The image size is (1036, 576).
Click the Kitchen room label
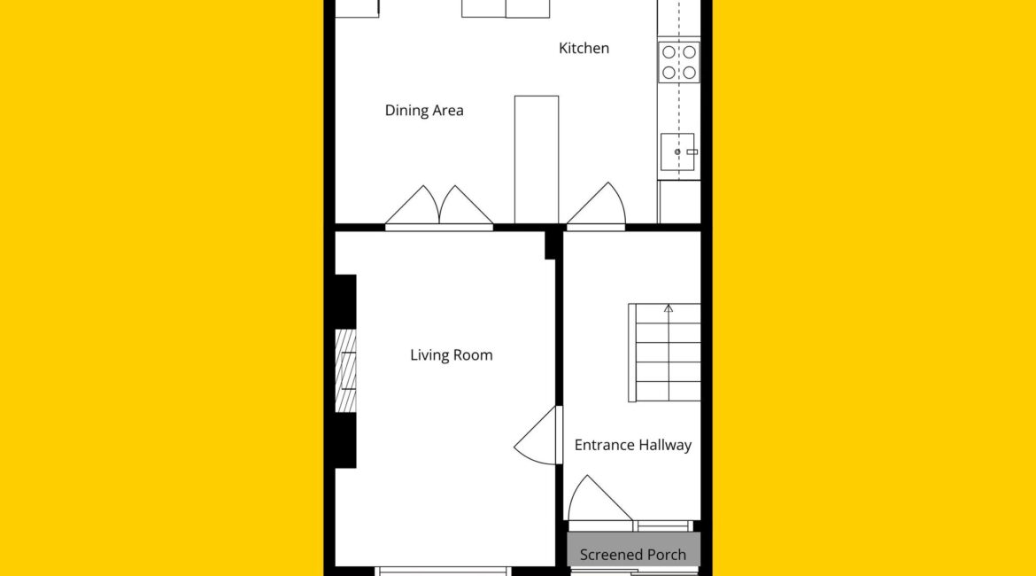[584, 48]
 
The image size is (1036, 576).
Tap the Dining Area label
[424, 111]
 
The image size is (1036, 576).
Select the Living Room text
[452, 355]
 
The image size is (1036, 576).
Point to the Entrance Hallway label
[633, 445]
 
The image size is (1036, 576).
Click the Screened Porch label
[633, 555]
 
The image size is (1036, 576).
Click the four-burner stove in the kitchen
[679, 62]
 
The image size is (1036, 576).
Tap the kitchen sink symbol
[678, 152]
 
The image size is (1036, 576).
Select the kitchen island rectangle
[537, 160]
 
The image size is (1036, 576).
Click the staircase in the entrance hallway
[665, 353]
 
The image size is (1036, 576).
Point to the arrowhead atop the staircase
[669, 308]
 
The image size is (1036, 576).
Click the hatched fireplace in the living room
[345, 371]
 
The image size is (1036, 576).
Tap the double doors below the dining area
[439, 206]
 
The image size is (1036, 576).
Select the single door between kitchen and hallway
[597, 206]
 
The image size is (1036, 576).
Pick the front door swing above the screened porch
[600, 500]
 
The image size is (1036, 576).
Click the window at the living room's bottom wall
[443, 571]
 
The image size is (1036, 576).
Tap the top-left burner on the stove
[669, 52]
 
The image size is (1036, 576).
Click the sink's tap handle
[692, 152]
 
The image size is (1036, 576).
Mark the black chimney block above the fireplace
[345, 301]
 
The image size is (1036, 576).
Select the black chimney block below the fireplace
[345, 441]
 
